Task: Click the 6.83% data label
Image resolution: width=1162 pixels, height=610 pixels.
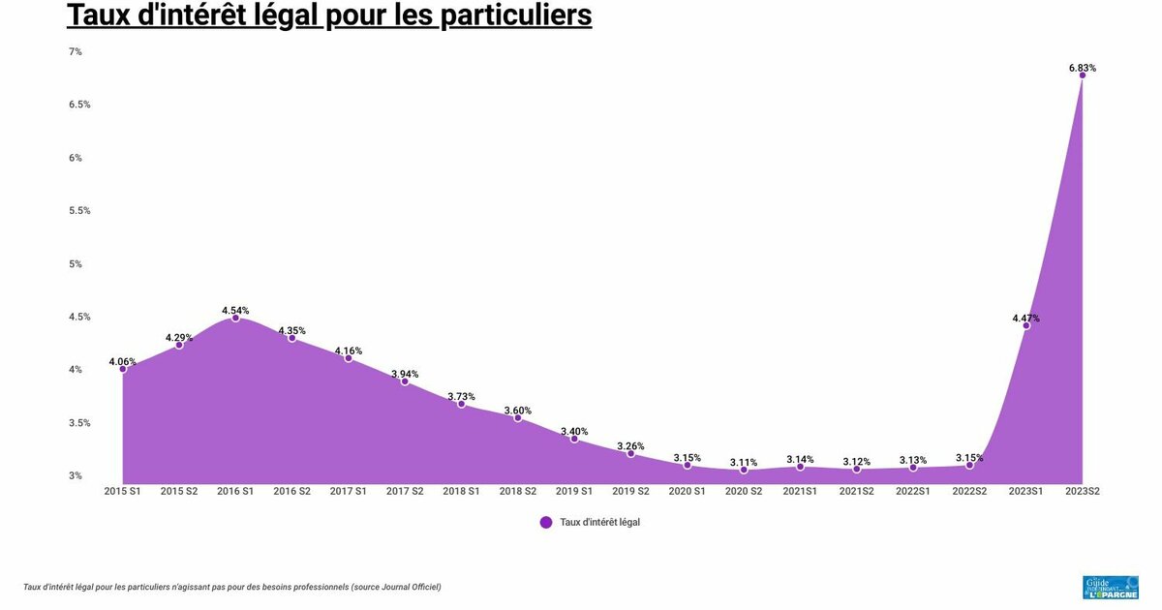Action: point(1083,68)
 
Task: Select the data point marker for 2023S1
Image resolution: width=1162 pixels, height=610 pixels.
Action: point(1026,325)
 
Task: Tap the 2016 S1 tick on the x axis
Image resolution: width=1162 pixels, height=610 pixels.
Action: point(235,491)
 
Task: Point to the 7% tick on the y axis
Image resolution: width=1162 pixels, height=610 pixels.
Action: point(75,51)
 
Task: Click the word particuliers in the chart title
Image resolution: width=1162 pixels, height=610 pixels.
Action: point(509,16)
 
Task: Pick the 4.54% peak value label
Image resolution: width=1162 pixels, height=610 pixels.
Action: point(235,311)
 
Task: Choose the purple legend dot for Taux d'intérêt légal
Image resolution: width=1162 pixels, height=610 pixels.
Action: point(546,522)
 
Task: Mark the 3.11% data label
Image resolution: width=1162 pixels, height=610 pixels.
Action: point(744,462)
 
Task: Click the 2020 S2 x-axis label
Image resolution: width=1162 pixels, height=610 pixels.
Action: point(744,491)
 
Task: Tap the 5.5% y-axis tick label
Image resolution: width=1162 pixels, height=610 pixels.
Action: point(79,210)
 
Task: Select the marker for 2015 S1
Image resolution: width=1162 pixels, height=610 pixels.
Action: point(123,369)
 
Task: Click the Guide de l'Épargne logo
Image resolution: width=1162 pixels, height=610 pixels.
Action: point(1110,587)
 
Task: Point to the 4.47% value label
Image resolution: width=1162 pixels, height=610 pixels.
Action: point(1026,318)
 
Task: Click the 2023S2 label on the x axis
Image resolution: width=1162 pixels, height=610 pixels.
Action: point(1083,491)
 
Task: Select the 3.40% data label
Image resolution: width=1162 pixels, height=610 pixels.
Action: point(574,431)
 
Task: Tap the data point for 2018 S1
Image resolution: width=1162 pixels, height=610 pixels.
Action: point(462,404)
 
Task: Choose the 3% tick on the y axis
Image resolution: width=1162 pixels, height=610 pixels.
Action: point(75,475)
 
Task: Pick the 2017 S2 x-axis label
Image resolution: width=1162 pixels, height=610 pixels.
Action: point(405,491)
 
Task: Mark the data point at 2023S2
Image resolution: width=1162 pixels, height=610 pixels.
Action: point(1083,76)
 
